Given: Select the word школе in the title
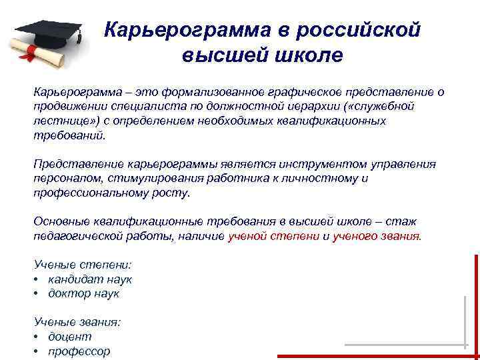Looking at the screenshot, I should click(307, 55).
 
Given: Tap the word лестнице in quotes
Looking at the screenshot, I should click(61, 121).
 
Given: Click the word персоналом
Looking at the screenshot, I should click(66, 178).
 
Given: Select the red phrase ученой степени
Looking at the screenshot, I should click(273, 236).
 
